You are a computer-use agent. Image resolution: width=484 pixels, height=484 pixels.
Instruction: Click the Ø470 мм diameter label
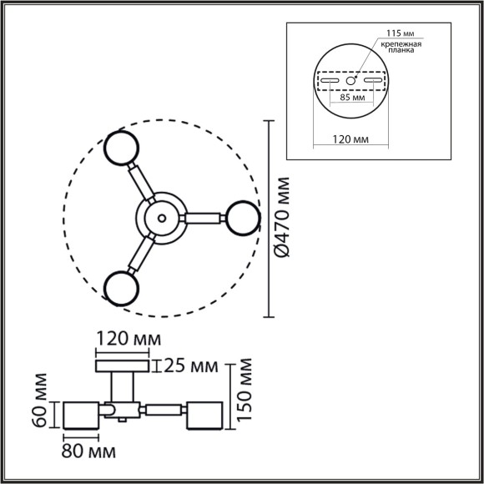[x=281, y=218]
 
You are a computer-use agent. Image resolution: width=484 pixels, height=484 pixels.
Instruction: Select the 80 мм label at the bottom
[x=89, y=451]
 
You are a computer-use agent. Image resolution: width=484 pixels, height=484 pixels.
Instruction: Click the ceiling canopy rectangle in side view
[x=123, y=366]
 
